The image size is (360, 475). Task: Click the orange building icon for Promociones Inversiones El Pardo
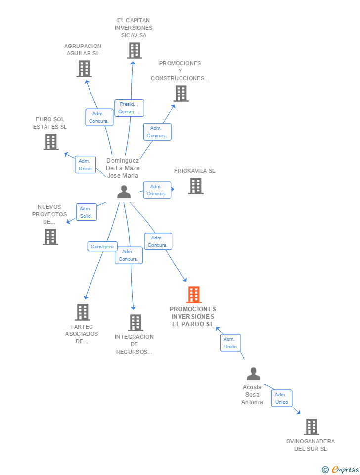point(193,295)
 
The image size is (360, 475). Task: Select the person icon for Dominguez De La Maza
point(124,192)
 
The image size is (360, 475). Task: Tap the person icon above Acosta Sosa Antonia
point(253,374)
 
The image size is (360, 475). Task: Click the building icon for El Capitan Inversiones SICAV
point(134,50)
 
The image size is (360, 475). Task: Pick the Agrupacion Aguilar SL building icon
point(84,69)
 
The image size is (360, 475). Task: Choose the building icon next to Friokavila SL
point(196,186)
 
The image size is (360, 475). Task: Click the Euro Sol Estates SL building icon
point(50,142)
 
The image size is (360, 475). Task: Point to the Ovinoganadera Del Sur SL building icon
point(311,427)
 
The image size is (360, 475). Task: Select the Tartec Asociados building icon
point(82,312)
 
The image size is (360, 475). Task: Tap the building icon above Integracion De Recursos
point(135,323)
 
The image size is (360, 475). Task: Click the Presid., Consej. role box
point(129,108)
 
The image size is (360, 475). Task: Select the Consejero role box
point(102,246)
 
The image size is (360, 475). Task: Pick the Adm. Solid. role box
point(86,212)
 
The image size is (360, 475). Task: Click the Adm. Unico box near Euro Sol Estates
point(85,165)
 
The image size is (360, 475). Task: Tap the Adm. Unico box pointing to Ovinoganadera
point(281,398)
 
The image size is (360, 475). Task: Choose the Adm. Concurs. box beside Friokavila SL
point(157,190)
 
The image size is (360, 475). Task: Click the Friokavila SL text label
point(194,171)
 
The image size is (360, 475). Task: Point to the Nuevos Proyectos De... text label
point(49,214)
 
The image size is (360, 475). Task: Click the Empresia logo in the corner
point(341,469)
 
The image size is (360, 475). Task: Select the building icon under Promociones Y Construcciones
point(180,94)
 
